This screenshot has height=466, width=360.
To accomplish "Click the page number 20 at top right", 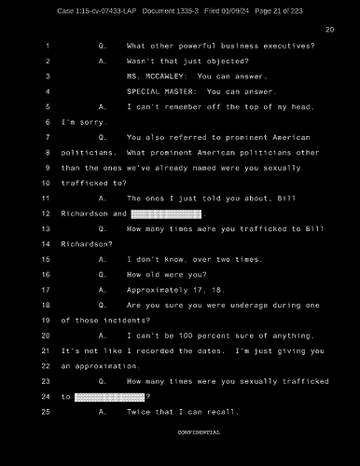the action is pyautogui.click(x=329, y=30).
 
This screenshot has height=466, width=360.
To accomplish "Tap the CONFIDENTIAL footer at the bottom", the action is pyautogui.click(x=200, y=432).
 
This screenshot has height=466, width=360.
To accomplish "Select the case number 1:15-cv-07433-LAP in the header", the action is pyautogui.click(x=93, y=9).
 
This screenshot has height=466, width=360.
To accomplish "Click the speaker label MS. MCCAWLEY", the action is pyautogui.click(x=157, y=75).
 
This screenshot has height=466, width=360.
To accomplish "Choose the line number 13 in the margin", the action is pyautogui.click(x=45, y=228).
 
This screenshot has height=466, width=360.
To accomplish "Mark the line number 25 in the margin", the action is pyautogui.click(x=45, y=411).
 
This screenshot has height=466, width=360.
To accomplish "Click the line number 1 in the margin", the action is pyautogui.click(x=47, y=46).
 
